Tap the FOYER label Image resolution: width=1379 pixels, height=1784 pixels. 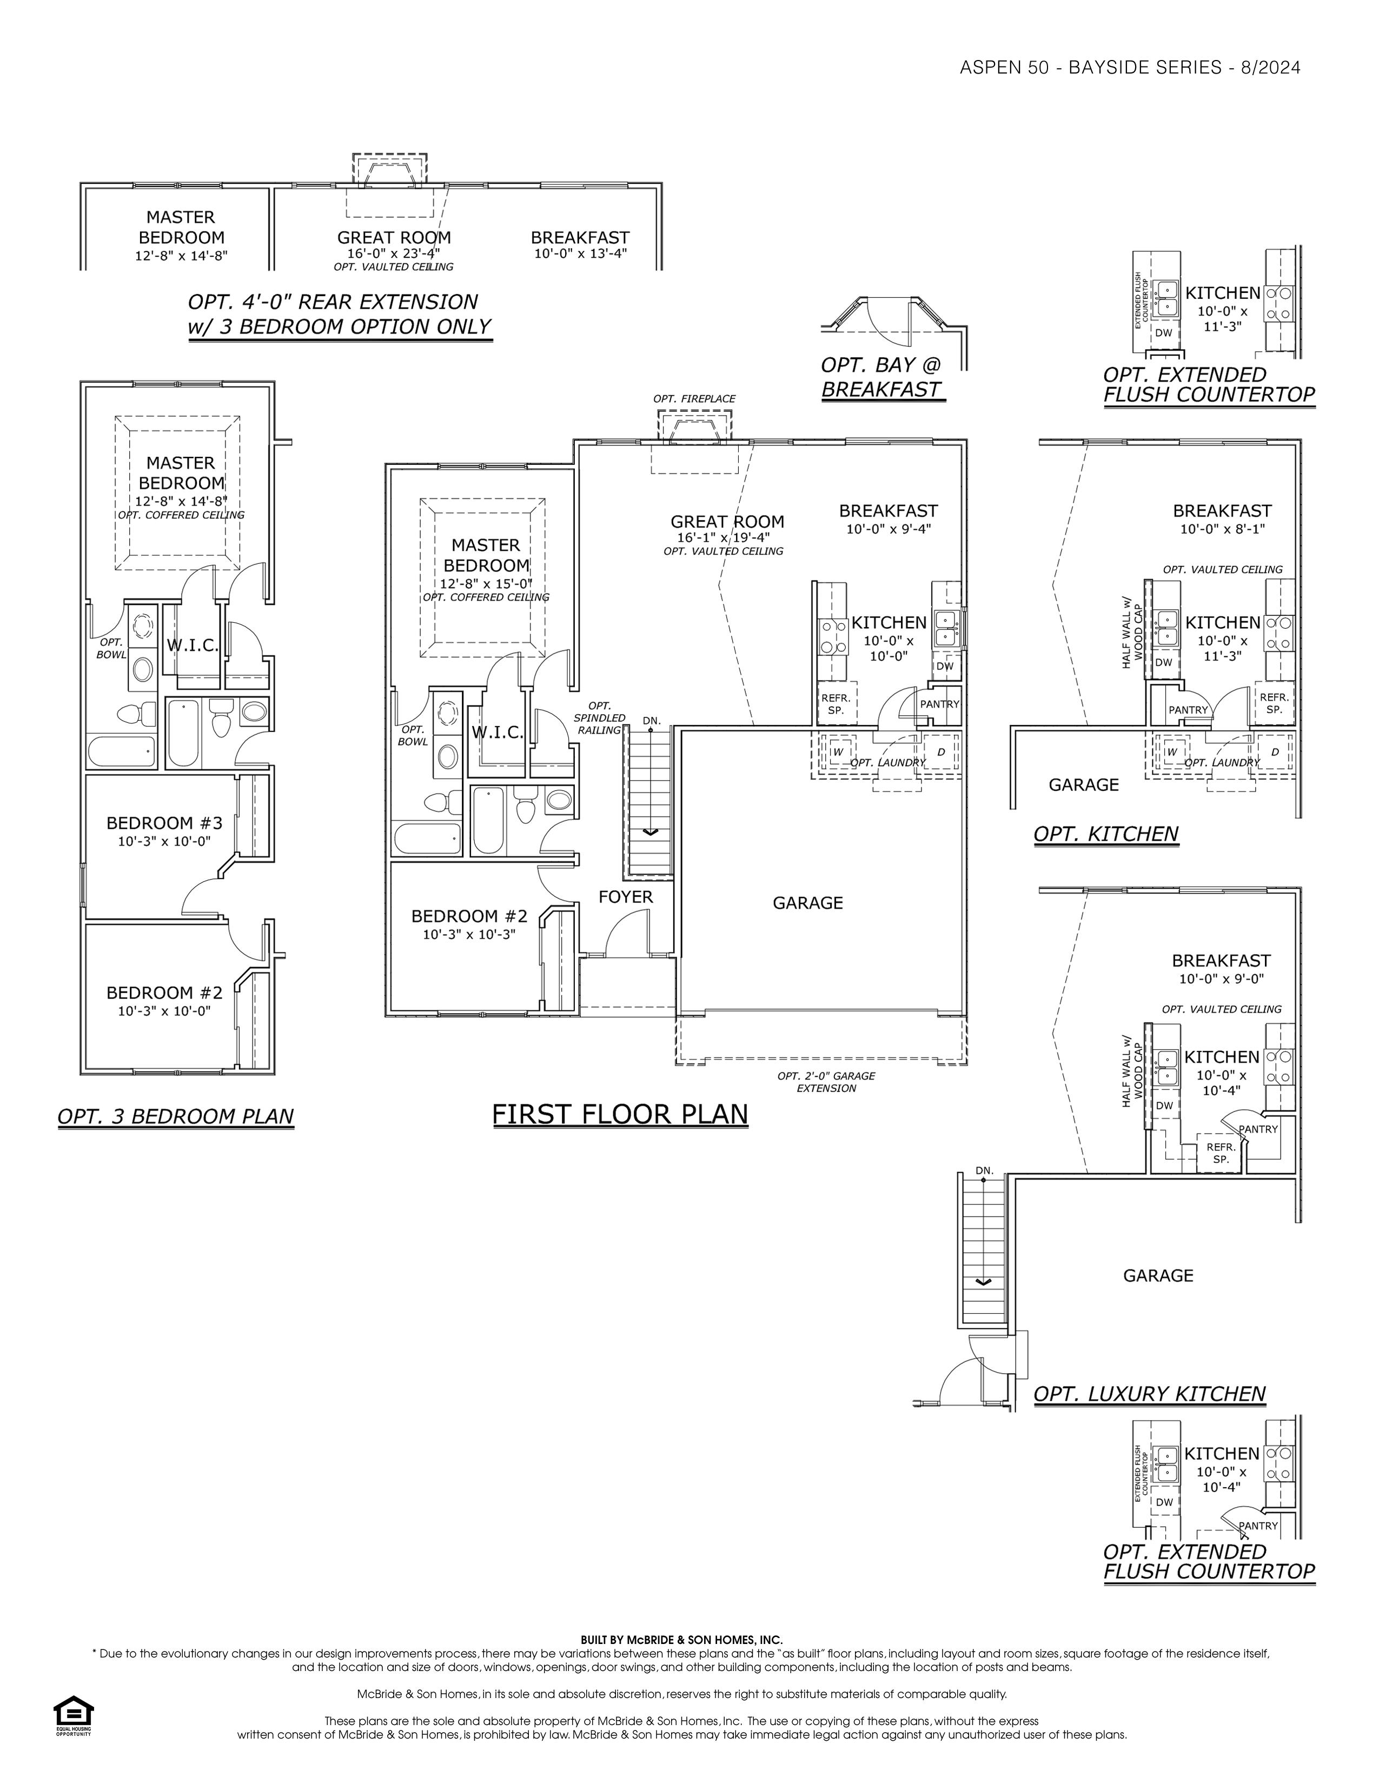pyautogui.click(x=626, y=897)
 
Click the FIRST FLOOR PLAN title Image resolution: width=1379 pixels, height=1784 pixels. pyautogui.click(x=621, y=1114)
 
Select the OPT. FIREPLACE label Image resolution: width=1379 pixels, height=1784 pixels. pyautogui.click(x=694, y=398)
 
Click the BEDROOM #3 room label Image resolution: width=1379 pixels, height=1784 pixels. pyautogui.click(x=164, y=823)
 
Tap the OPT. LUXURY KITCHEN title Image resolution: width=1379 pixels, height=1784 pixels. pyautogui.click(x=1150, y=1394)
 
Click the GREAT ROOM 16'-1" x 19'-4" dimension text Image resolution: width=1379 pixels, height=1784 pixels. pyautogui.click(x=724, y=537)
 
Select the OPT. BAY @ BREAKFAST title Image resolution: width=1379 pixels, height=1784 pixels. pyautogui.click(x=883, y=377)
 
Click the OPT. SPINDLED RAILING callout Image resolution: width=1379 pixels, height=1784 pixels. pyautogui.click(x=600, y=718)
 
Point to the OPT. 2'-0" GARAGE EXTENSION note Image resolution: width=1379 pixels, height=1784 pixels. pyautogui.click(x=826, y=1082)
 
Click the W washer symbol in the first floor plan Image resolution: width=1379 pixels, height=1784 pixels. pyautogui.click(x=837, y=751)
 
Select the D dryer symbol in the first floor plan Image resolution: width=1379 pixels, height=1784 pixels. pyautogui.click(x=941, y=751)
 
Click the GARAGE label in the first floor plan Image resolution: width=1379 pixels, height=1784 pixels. pyautogui.click(x=808, y=903)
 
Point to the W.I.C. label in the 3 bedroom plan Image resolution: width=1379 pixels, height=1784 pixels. pyautogui.click(x=194, y=645)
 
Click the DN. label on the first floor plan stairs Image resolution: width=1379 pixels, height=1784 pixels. pyautogui.click(x=651, y=721)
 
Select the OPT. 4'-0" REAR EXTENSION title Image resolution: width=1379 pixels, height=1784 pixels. pyautogui.click(x=333, y=302)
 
